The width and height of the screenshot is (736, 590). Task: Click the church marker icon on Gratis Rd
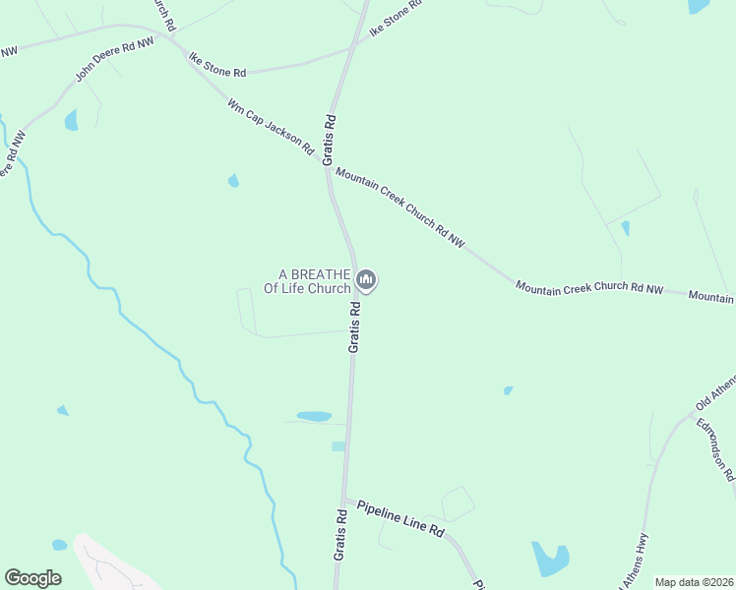click(x=366, y=281)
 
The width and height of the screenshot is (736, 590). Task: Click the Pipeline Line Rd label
click(x=400, y=517)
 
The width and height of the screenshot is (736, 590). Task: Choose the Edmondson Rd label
click(x=715, y=449)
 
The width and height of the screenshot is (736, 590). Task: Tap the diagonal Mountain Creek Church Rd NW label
click(x=399, y=206)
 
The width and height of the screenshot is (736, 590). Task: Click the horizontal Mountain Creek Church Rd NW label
click(x=589, y=288)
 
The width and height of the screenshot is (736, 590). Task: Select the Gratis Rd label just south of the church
click(x=355, y=326)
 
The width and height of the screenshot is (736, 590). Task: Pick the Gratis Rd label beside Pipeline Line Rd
click(x=339, y=534)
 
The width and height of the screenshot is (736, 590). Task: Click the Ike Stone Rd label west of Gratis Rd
click(x=217, y=65)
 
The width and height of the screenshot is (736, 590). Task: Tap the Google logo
click(x=32, y=578)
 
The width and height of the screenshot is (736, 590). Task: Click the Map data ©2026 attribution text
click(x=694, y=582)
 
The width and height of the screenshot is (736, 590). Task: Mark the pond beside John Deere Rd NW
click(x=71, y=121)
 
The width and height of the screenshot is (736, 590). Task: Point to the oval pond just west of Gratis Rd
click(x=314, y=417)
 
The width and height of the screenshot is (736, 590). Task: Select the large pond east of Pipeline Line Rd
click(x=549, y=559)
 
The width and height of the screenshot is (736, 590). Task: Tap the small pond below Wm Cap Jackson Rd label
click(x=233, y=181)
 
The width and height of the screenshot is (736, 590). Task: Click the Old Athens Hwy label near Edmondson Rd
click(x=715, y=392)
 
